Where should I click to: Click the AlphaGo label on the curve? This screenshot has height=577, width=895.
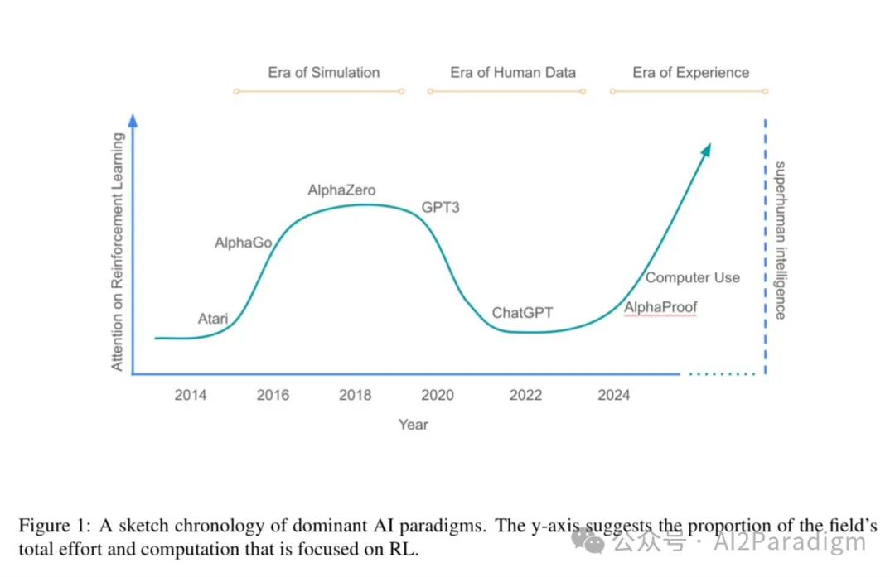click(243, 243)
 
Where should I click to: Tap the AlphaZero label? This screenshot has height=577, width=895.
click(341, 190)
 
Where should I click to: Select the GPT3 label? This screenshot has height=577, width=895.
click(440, 207)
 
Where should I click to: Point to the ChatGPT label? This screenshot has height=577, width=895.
click(522, 313)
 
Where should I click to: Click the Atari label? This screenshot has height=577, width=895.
click(213, 318)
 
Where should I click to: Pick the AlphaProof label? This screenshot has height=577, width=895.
click(660, 307)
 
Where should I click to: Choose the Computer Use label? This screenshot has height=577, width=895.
click(693, 277)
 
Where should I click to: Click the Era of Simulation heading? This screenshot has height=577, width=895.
click(323, 72)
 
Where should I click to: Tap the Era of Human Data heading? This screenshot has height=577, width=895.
click(512, 72)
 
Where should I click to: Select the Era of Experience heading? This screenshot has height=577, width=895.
click(690, 72)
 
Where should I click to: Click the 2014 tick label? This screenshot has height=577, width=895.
click(190, 395)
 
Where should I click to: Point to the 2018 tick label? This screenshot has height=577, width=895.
click(355, 395)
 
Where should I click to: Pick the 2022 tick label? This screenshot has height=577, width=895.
click(525, 395)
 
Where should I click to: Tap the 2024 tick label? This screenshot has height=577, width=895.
click(613, 395)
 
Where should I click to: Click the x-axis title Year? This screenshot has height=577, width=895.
click(413, 424)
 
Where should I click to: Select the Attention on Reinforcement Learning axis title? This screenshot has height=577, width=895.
click(118, 251)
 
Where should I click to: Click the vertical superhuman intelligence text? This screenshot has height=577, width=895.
click(780, 240)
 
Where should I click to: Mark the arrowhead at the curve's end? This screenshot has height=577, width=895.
click(705, 150)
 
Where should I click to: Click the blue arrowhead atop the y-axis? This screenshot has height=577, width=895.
click(133, 121)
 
